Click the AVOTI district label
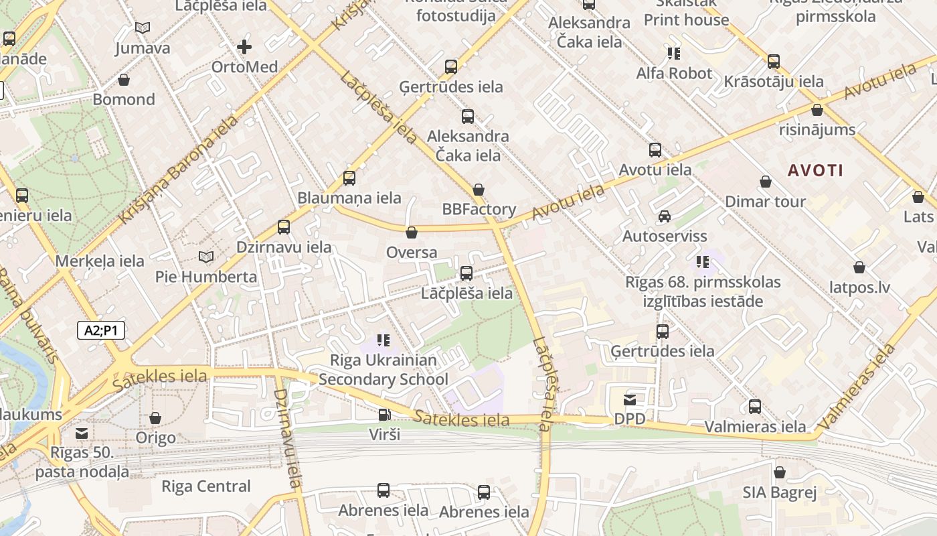click(815, 170)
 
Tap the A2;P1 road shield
click(100, 330)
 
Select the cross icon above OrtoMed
click(244, 47)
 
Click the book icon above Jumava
click(142, 28)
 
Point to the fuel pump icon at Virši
click(384, 415)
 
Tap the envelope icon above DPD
click(630, 400)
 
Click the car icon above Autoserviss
click(664, 216)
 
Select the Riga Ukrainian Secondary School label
click(383, 370)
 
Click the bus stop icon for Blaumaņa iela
click(349, 178)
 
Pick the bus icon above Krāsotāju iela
click(774, 62)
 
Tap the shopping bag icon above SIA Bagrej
click(779, 473)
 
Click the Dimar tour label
click(765, 202)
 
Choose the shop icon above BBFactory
click(478, 190)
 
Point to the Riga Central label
click(206, 486)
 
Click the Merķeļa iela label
click(100, 261)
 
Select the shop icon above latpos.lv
click(859, 268)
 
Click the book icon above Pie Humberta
click(206, 257)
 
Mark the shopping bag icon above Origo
click(155, 419)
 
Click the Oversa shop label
click(412, 253)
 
